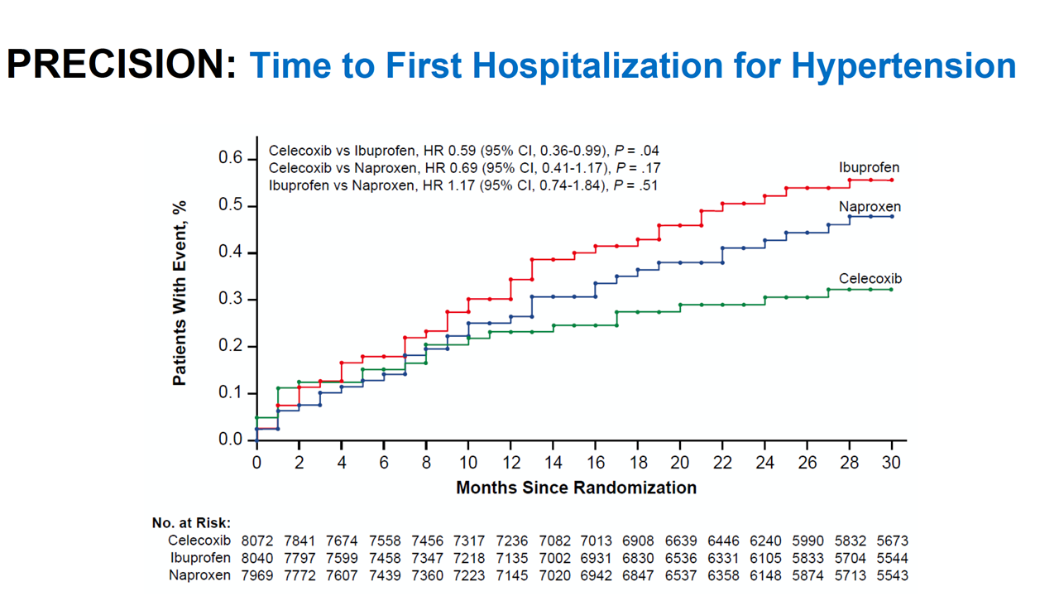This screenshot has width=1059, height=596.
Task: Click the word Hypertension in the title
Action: tap(903, 66)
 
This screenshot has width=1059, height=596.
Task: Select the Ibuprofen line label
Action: tap(869, 168)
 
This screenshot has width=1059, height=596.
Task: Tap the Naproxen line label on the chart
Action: tap(870, 206)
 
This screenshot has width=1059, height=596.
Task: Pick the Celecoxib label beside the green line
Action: tap(870, 279)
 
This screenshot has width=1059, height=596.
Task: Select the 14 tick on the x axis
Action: tap(553, 463)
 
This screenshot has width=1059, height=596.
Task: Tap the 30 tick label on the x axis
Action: tap(891, 463)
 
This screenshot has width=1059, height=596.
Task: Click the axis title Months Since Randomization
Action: tap(576, 488)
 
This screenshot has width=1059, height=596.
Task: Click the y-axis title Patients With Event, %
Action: tap(180, 293)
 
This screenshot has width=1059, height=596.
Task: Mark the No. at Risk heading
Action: tap(191, 523)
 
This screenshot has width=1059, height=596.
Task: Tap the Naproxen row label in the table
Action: tap(199, 575)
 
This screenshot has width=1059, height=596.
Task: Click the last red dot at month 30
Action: tap(892, 180)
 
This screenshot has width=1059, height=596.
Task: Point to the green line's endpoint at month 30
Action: tap(892, 290)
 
